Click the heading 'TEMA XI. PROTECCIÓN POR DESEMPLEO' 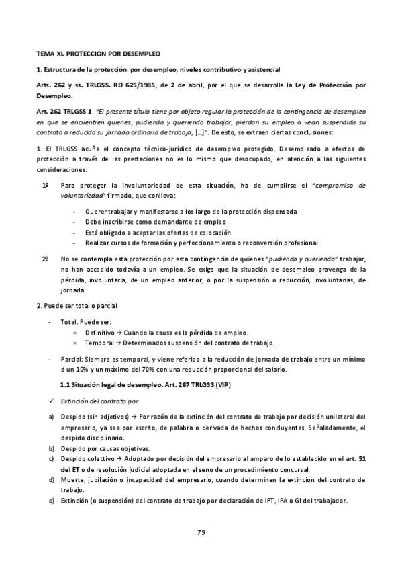click(x=98, y=52)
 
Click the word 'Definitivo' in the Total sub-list click(x=99, y=333)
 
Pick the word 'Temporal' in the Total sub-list click(x=97, y=342)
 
